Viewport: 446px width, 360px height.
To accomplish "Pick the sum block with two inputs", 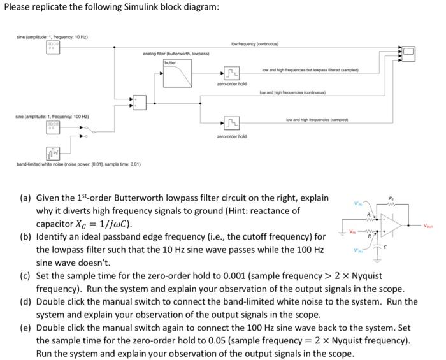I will (x=140, y=100).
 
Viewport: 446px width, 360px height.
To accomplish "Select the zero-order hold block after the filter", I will (x=228, y=75).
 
